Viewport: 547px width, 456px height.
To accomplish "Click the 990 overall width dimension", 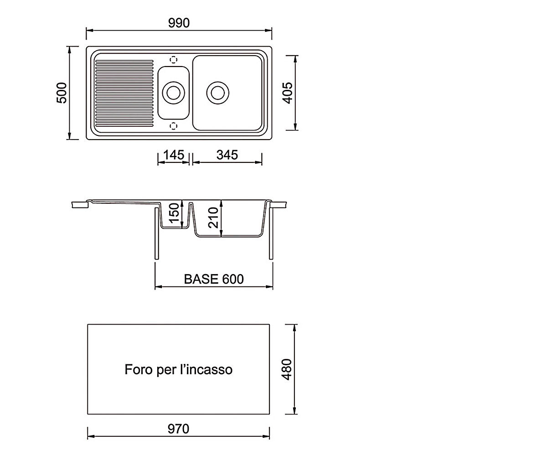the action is tap(179, 23).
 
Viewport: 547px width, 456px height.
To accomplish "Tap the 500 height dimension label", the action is tap(62, 93).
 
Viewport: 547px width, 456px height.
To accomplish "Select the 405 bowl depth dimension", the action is tap(287, 93).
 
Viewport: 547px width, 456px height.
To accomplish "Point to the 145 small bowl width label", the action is tap(174, 155).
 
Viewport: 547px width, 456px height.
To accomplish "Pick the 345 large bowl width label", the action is tap(227, 155).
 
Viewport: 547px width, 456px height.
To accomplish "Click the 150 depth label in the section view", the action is tap(174, 213).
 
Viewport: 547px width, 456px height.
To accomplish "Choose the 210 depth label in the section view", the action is tap(213, 218).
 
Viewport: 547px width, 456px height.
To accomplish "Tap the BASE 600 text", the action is tap(214, 279).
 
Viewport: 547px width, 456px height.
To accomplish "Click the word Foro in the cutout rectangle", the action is tap(138, 369).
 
